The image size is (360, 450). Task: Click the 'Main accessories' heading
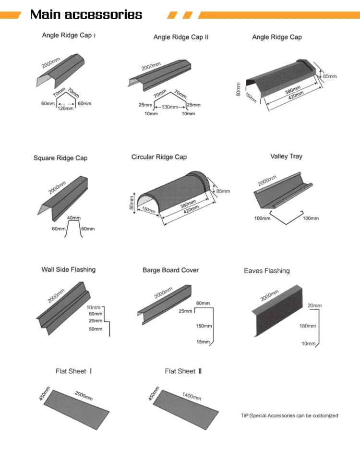coord(86,14)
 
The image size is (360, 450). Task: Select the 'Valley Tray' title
coord(286,157)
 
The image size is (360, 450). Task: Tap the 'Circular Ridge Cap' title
coord(159,157)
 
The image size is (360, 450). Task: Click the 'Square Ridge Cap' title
coord(60,158)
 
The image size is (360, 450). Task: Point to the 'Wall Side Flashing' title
coord(68,269)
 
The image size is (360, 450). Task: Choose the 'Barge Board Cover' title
coord(170,270)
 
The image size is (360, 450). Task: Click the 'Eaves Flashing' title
coord(266,271)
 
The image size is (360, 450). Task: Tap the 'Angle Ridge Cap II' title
coord(181,37)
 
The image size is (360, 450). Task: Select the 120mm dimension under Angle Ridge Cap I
coord(66,109)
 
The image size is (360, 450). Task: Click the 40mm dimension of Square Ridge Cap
coord(73,218)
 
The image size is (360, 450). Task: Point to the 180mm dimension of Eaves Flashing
coord(308,326)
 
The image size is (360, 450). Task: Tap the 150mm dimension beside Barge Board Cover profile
coord(204,326)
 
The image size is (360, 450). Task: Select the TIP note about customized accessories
coord(289,415)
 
